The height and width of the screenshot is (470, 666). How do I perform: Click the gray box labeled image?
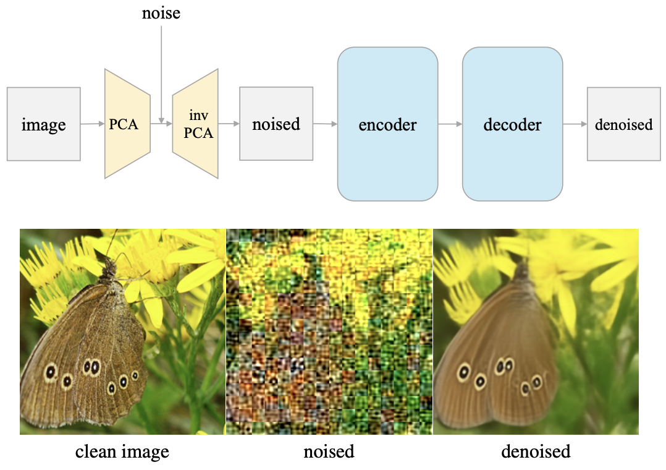(43, 124)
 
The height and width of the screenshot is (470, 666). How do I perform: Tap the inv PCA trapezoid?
(195, 124)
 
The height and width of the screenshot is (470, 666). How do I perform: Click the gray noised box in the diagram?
(276, 124)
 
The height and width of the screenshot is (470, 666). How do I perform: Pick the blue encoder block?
(387, 124)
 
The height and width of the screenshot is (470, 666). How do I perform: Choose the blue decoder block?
(512, 124)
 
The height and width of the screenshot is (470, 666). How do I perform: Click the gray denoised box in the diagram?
(623, 124)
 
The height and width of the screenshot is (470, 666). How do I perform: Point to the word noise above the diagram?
(161, 12)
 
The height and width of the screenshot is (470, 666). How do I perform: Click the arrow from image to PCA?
(93, 124)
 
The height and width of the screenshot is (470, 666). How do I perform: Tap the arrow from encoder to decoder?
(450, 124)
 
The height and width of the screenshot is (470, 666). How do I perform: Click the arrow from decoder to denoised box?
(575, 124)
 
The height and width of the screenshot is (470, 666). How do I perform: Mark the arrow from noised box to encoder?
(325, 124)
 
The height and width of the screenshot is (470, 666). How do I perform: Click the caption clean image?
(122, 452)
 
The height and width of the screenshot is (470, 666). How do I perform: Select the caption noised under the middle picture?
(329, 452)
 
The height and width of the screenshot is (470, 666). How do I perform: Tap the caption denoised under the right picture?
(536, 452)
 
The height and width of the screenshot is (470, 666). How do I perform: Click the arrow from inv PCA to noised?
(229, 124)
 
